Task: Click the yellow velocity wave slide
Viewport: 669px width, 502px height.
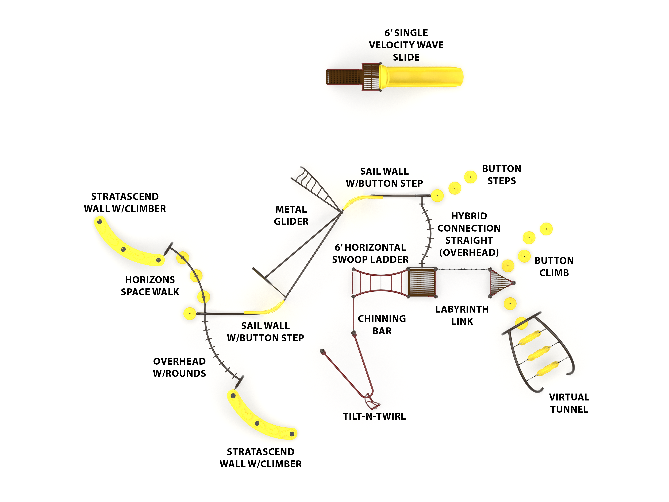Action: click(423, 77)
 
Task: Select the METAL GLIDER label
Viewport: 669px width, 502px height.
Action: click(291, 215)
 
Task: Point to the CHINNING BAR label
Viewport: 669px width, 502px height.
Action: click(382, 325)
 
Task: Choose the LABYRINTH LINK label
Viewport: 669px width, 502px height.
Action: click(462, 315)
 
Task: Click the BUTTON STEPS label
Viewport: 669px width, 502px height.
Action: click(501, 175)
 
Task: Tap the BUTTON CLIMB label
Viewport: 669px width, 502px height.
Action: click(554, 267)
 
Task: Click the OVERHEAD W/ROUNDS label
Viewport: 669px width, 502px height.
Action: click(179, 367)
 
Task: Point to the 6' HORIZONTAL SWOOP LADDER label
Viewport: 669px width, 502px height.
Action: click(370, 253)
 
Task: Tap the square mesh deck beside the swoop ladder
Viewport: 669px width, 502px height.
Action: click(422, 283)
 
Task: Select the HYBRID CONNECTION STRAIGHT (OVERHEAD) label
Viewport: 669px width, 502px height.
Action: click(469, 234)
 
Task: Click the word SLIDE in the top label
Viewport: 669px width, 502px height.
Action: click(406, 57)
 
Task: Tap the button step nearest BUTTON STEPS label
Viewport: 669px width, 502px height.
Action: click(470, 177)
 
